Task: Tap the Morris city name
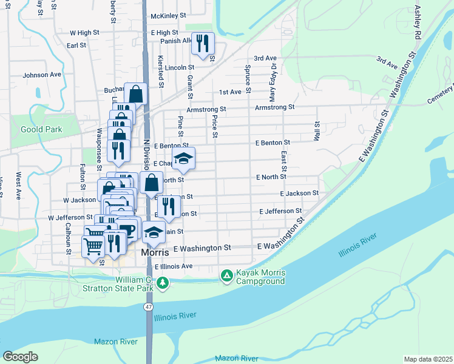[x=155, y=252]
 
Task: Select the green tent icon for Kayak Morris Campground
[x=226, y=277]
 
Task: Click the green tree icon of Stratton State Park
[x=162, y=283]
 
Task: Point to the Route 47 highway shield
[x=148, y=308]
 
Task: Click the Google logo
[x=20, y=357]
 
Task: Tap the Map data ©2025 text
[x=428, y=359]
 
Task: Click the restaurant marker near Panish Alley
[x=203, y=43]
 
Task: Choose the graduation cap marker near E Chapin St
[x=183, y=159]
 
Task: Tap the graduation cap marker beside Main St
[x=154, y=232]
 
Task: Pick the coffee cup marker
[x=128, y=229]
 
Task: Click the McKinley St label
[x=168, y=14]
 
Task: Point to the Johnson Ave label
[x=42, y=75]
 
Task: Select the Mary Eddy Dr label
[x=273, y=83]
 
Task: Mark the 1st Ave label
[x=230, y=92]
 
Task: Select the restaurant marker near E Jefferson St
[x=168, y=208]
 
